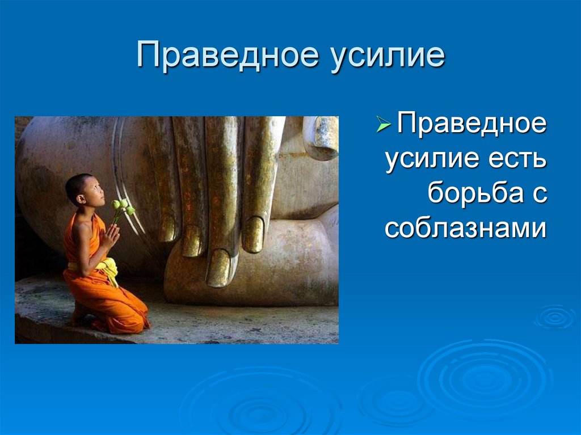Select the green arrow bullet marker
coord(384,124)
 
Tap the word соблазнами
coord(466,227)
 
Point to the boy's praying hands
coord(111,236)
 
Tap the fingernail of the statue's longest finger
coord(218,268)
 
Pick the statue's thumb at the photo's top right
coord(321,138)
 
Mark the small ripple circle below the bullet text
coord(555,317)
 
